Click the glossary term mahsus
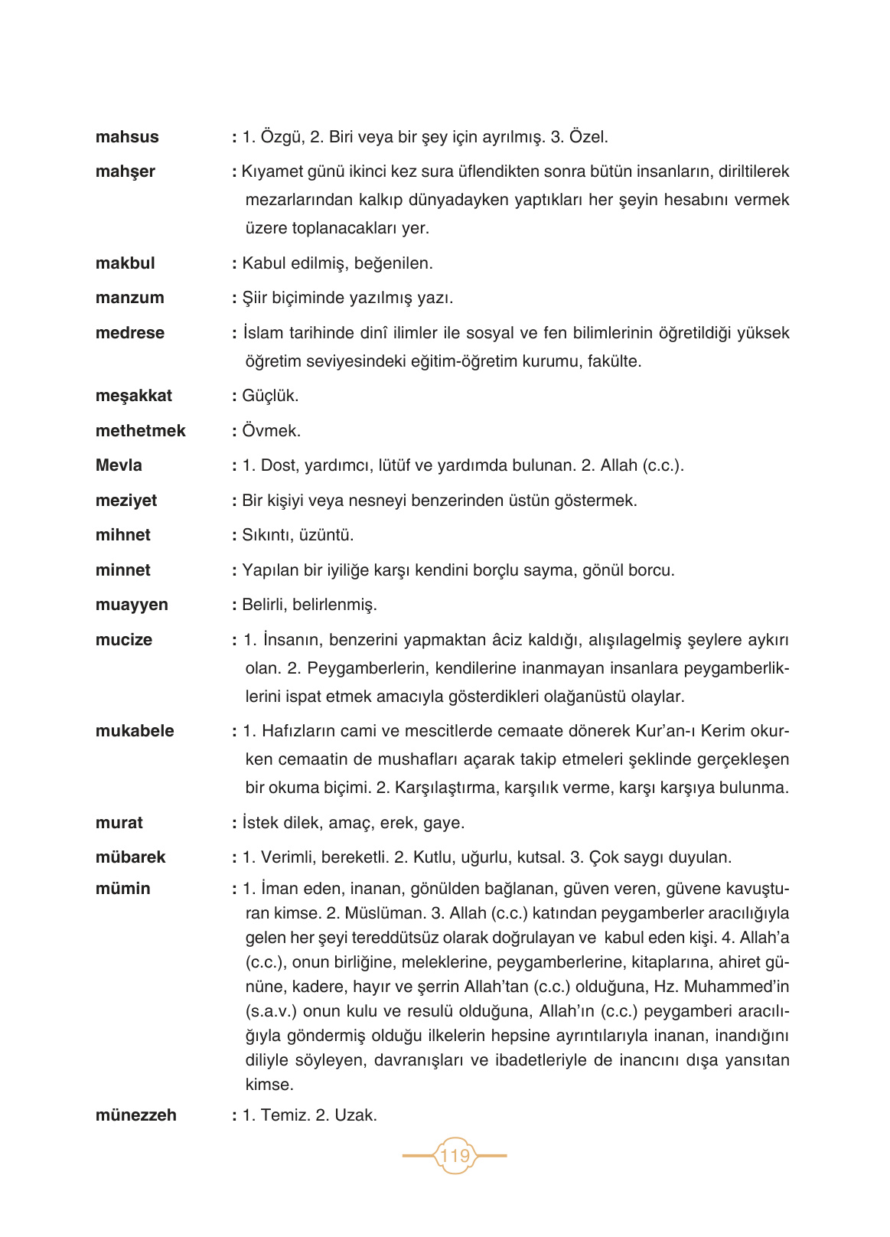(x=127, y=137)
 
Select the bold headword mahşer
(x=125, y=171)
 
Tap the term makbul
(x=125, y=263)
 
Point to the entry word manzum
(x=129, y=298)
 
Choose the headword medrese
(x=129, y=333)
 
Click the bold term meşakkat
(x=133, y=396)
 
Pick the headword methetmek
(x=140, y=431)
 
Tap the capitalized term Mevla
(x=119, y=465)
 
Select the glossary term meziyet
(x=126, y=501)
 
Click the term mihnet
(x=122, y=535)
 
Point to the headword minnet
(x=122, y=570)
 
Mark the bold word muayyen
(x=132, y=605)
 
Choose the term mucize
(x=123, y=640)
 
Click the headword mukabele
(x=135, y=731)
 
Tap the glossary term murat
(x=119, y=823)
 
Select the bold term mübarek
(x=130, y=857)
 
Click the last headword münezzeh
(x=135, y=1115)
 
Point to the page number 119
(x=455, y=1155)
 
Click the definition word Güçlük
(x=270, y=396)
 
